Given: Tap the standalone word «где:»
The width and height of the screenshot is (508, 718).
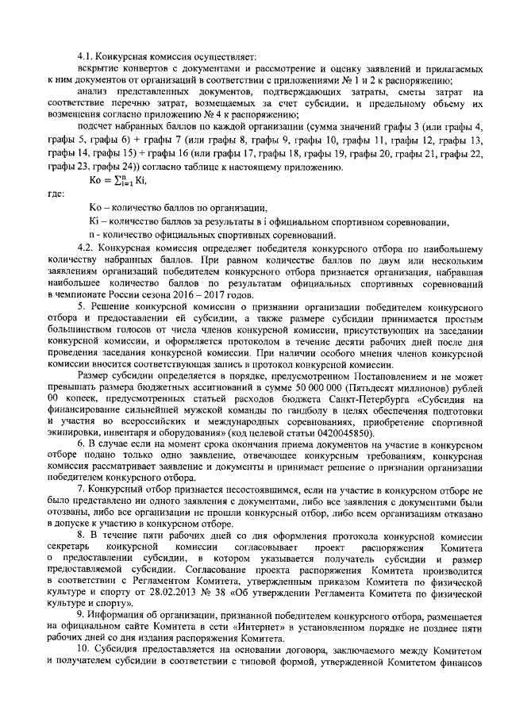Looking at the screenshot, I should pyautogui.click(x=56, y=192).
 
